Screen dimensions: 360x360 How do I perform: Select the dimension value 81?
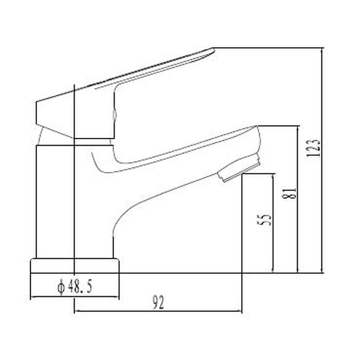291,192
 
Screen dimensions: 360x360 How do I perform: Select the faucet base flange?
74,266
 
